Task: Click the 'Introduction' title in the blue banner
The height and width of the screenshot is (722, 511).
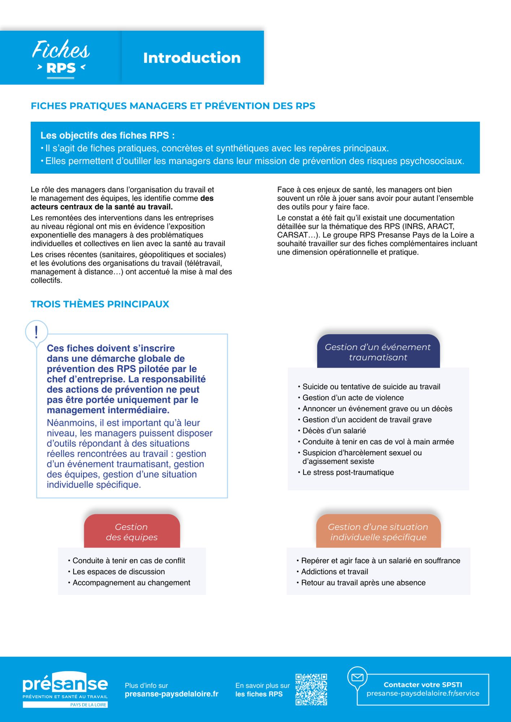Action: pos(192,58)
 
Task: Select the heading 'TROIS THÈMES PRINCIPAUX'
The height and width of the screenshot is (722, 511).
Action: pos(100,304)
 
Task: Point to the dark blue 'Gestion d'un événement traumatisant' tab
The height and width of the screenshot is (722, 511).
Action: pos(378,352)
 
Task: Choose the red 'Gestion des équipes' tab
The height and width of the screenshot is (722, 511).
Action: pos(132,532)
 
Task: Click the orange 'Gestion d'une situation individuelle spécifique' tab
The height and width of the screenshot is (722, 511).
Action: pos(378,532)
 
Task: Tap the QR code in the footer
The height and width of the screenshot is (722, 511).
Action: pos(311,689)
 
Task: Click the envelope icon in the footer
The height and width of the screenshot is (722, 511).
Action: pos(357,677)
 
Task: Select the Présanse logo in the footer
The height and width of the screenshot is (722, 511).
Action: pos(65,689)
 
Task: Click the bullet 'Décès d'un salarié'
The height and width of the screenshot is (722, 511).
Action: pos(334,431)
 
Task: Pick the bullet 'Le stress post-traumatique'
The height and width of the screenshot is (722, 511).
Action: pos(348,472)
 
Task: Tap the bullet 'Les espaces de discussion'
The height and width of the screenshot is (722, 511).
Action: pos(118,571)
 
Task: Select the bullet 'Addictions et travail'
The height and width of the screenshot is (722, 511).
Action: pos(334,571)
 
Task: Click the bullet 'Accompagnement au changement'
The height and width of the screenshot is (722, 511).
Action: pos(131,583)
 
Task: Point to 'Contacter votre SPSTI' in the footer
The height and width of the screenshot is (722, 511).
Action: pos(423,684)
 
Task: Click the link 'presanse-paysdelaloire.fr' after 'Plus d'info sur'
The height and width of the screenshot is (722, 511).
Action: pos(172,694)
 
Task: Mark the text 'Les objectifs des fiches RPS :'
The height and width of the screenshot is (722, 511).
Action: pos(108,135)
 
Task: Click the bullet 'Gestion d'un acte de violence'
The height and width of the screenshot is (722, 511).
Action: pos(353,398)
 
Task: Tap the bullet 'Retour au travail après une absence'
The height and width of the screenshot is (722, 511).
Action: pos(363,583)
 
